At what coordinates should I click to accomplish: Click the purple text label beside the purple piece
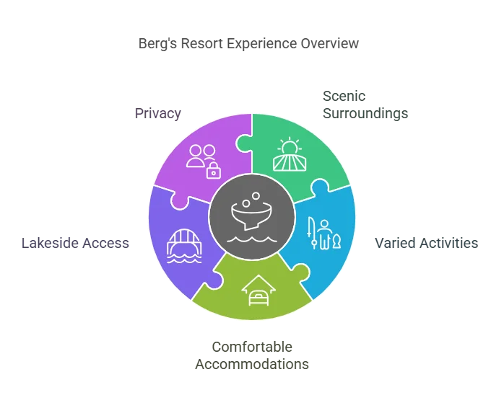(x=158, y=114)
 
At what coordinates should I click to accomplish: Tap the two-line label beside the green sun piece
(x=363, y=105)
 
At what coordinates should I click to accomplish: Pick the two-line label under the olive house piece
(x=252, y=355)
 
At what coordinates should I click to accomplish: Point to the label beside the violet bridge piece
(x=76, y=242)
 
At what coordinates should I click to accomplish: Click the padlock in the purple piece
(x=213, y=171)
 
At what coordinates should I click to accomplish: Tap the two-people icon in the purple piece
(x=199, y=155)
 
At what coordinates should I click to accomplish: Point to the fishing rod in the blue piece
(x=312, y=235)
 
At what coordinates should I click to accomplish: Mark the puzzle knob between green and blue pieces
(x=319, y=189)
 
